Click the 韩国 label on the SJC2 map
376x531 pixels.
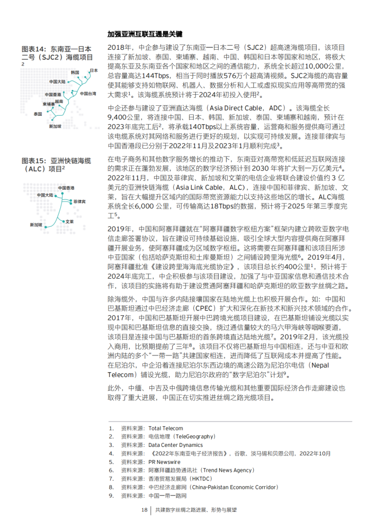tap(75, 72)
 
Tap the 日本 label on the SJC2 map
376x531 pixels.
tap(94, 70)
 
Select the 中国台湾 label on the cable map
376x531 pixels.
tap(88, 94)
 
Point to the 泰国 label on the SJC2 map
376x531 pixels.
tap(38, 114)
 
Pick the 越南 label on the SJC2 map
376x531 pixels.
tap(59, 100)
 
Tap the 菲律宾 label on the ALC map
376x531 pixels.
tap(80, 202)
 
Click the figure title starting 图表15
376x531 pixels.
tap(56, 164)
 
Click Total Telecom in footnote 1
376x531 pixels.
tap(165, 428)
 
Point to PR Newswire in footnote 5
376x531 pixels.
tap(164, 462)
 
